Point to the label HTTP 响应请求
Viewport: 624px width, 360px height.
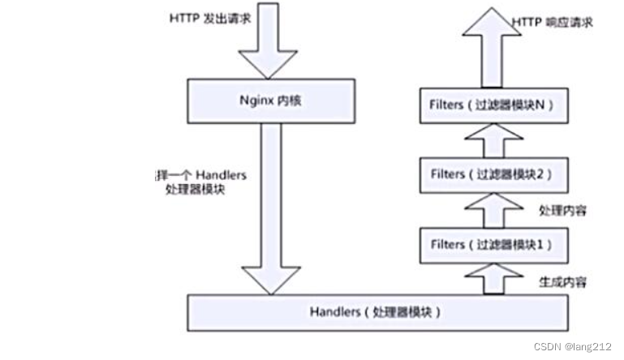click(553, 22)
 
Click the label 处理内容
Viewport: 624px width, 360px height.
click(562, 210)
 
